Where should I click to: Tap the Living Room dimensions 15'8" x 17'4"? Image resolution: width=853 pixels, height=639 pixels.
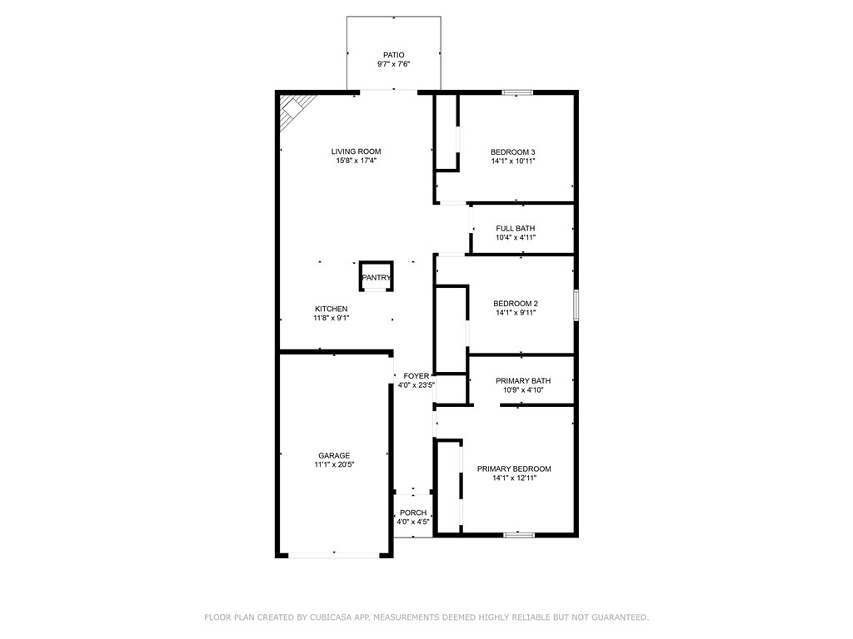coord(356,161)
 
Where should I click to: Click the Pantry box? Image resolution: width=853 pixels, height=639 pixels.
coord(376,277)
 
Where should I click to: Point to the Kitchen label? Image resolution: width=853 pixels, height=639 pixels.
coord(331,309)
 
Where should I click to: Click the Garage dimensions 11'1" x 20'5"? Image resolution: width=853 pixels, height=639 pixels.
coord(333,466)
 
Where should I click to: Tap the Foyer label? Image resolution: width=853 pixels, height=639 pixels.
coord(416,376)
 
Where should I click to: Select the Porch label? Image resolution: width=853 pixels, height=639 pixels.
coord(413,513)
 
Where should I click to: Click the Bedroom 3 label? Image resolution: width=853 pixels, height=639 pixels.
coord(512,151)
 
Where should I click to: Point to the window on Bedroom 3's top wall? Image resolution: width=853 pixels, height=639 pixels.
coord(517,92)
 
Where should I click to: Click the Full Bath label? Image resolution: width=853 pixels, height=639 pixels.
coord(516,228)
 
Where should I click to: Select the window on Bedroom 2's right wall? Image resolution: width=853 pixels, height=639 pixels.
coord(576,305)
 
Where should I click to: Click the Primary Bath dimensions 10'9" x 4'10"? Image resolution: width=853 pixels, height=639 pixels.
coord(523,390)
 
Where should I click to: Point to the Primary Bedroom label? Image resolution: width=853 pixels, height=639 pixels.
coord(514,468)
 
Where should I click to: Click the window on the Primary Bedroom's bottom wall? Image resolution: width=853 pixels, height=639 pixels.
coord(519,534)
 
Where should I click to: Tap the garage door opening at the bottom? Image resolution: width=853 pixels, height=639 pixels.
coord(334,555)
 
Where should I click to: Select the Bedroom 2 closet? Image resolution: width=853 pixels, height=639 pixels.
coord(451,329)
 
